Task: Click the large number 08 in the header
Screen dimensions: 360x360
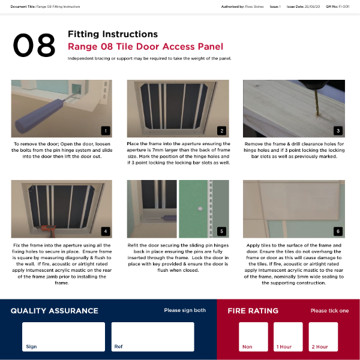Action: tap(34, 45)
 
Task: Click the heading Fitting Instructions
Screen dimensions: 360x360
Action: tap(113, 34)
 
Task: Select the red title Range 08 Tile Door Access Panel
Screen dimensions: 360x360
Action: tap(145, 47)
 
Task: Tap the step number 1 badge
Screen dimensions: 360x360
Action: tap(106, 130)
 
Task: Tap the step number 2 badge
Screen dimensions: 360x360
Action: tap(222, 130)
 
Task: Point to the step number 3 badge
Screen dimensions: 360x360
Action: tap(338, 130)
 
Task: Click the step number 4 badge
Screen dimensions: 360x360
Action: tap(106, 231)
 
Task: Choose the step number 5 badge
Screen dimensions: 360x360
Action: tap(222, 231)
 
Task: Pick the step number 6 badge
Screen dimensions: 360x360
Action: tap(338, 231)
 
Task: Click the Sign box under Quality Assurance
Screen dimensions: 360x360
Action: tap(64, 337)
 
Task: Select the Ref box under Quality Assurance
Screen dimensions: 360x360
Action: tap(152, 337)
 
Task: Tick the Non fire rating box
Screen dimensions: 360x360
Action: tap(253, 337)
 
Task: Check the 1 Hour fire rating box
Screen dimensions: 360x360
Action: tap(288, 337)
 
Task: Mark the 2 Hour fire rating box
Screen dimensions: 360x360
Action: tap(323, 337)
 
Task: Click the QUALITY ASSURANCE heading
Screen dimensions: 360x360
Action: tap(54, 311)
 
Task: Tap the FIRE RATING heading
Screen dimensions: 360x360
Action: tap(253, 311)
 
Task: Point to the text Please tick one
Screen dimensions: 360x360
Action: tap(329, 311)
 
